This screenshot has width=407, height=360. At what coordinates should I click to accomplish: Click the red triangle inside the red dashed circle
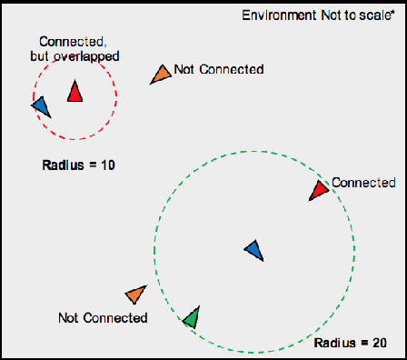point(74,92)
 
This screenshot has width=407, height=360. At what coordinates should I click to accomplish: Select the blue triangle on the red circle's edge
point(41,105)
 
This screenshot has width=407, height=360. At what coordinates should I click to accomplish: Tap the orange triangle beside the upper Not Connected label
point(160,75)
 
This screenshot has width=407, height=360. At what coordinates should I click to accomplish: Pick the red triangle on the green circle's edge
point(318,190)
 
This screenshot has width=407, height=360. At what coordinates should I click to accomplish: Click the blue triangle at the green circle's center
point(255,249)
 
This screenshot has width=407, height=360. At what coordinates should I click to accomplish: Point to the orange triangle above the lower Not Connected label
point(136,295)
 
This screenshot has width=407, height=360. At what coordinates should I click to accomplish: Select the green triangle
point(190,317)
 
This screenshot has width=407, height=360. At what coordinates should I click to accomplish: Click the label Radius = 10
point(78,165)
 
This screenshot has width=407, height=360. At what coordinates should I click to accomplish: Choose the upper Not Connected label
point(218,70)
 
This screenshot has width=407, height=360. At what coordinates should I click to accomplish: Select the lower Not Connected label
point(102,318)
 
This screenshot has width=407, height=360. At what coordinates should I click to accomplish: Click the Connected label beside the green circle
point(363,182)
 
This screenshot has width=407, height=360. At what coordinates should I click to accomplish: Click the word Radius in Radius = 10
point(63,165)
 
